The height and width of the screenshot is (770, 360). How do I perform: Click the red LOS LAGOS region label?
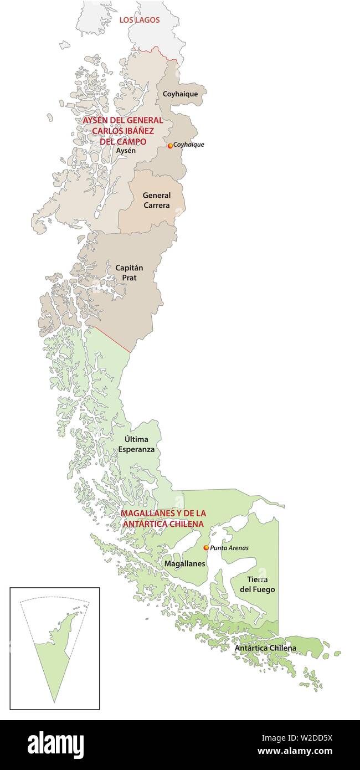140,20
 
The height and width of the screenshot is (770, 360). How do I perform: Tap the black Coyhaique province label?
180,94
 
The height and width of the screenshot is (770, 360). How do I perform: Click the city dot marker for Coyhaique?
170,146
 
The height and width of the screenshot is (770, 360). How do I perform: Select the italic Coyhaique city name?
189,145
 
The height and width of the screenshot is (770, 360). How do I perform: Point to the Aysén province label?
126,150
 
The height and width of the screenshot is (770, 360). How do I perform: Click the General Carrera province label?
156,201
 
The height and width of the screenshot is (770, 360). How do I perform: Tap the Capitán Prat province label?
129,272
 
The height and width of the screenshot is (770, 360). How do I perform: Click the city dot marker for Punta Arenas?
206,548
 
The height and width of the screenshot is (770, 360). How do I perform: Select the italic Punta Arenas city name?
229,548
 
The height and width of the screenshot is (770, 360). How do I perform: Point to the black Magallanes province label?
184,564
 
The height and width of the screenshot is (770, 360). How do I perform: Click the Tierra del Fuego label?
257,584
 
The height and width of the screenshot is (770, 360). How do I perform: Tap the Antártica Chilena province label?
265,648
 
